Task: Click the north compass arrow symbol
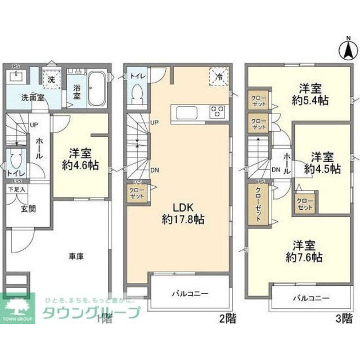348,50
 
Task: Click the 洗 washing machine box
51,80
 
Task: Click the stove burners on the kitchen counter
217,111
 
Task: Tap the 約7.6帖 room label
304,251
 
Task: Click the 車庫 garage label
76,256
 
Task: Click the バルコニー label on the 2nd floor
190,294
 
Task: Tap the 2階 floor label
227,319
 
